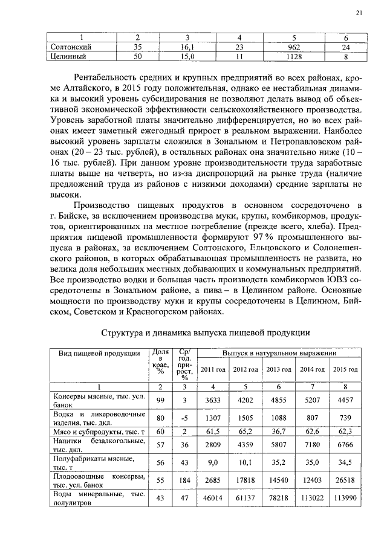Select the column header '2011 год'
coord(213,369)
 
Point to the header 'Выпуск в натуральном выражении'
coord(279,352)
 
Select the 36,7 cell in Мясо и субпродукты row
coord(279,432)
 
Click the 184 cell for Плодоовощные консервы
coord(185,482)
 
